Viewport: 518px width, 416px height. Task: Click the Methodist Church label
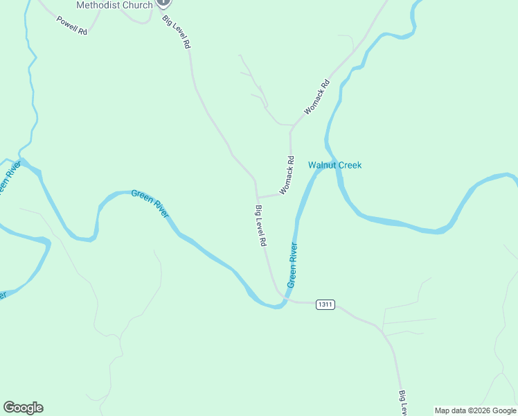(x=114, y=5)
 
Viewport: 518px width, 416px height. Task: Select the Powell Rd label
(x=72, y=24)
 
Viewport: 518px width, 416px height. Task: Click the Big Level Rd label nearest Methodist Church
(x=176, y=31)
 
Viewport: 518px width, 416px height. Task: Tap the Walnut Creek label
(x=334, y=165)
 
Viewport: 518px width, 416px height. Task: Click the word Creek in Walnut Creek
(x=350, y=165)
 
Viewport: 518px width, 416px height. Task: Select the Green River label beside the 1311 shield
(x=292, y=266)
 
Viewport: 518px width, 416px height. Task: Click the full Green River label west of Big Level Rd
(x=150, y=204)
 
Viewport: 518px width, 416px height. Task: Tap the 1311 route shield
(x=325, y=304)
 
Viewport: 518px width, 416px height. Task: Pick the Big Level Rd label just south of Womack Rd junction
(x=261, y=227)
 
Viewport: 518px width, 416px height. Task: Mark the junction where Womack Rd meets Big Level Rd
(x=258, y=197)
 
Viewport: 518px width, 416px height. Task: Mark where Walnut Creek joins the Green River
(x=332, y=161)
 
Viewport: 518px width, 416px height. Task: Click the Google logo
(x=23, y=408)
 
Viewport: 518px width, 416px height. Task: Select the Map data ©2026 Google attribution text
(x=475, y=410)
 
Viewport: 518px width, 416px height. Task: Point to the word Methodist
(x=96, y=5)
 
